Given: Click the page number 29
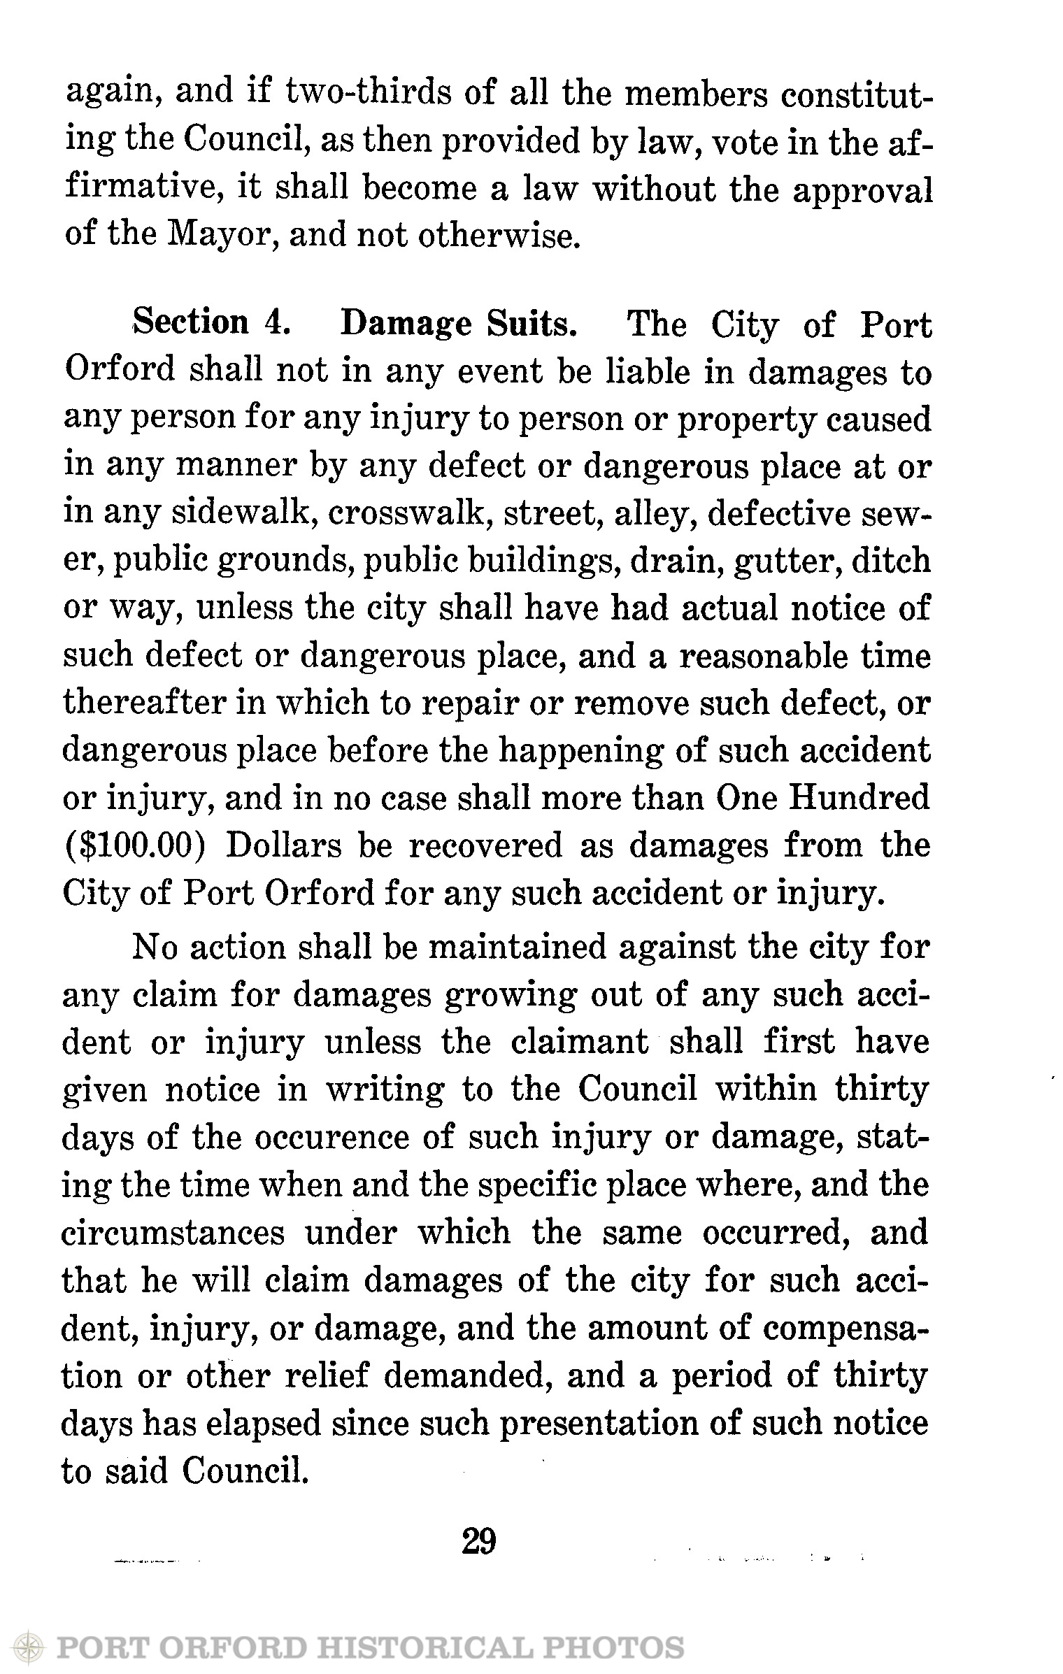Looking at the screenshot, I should click(479, 1540).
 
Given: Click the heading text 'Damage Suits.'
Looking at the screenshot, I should click(459, 322).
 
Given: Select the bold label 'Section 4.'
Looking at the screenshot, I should click(212, 322).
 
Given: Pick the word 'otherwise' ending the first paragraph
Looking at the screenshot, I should click(497, 236).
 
